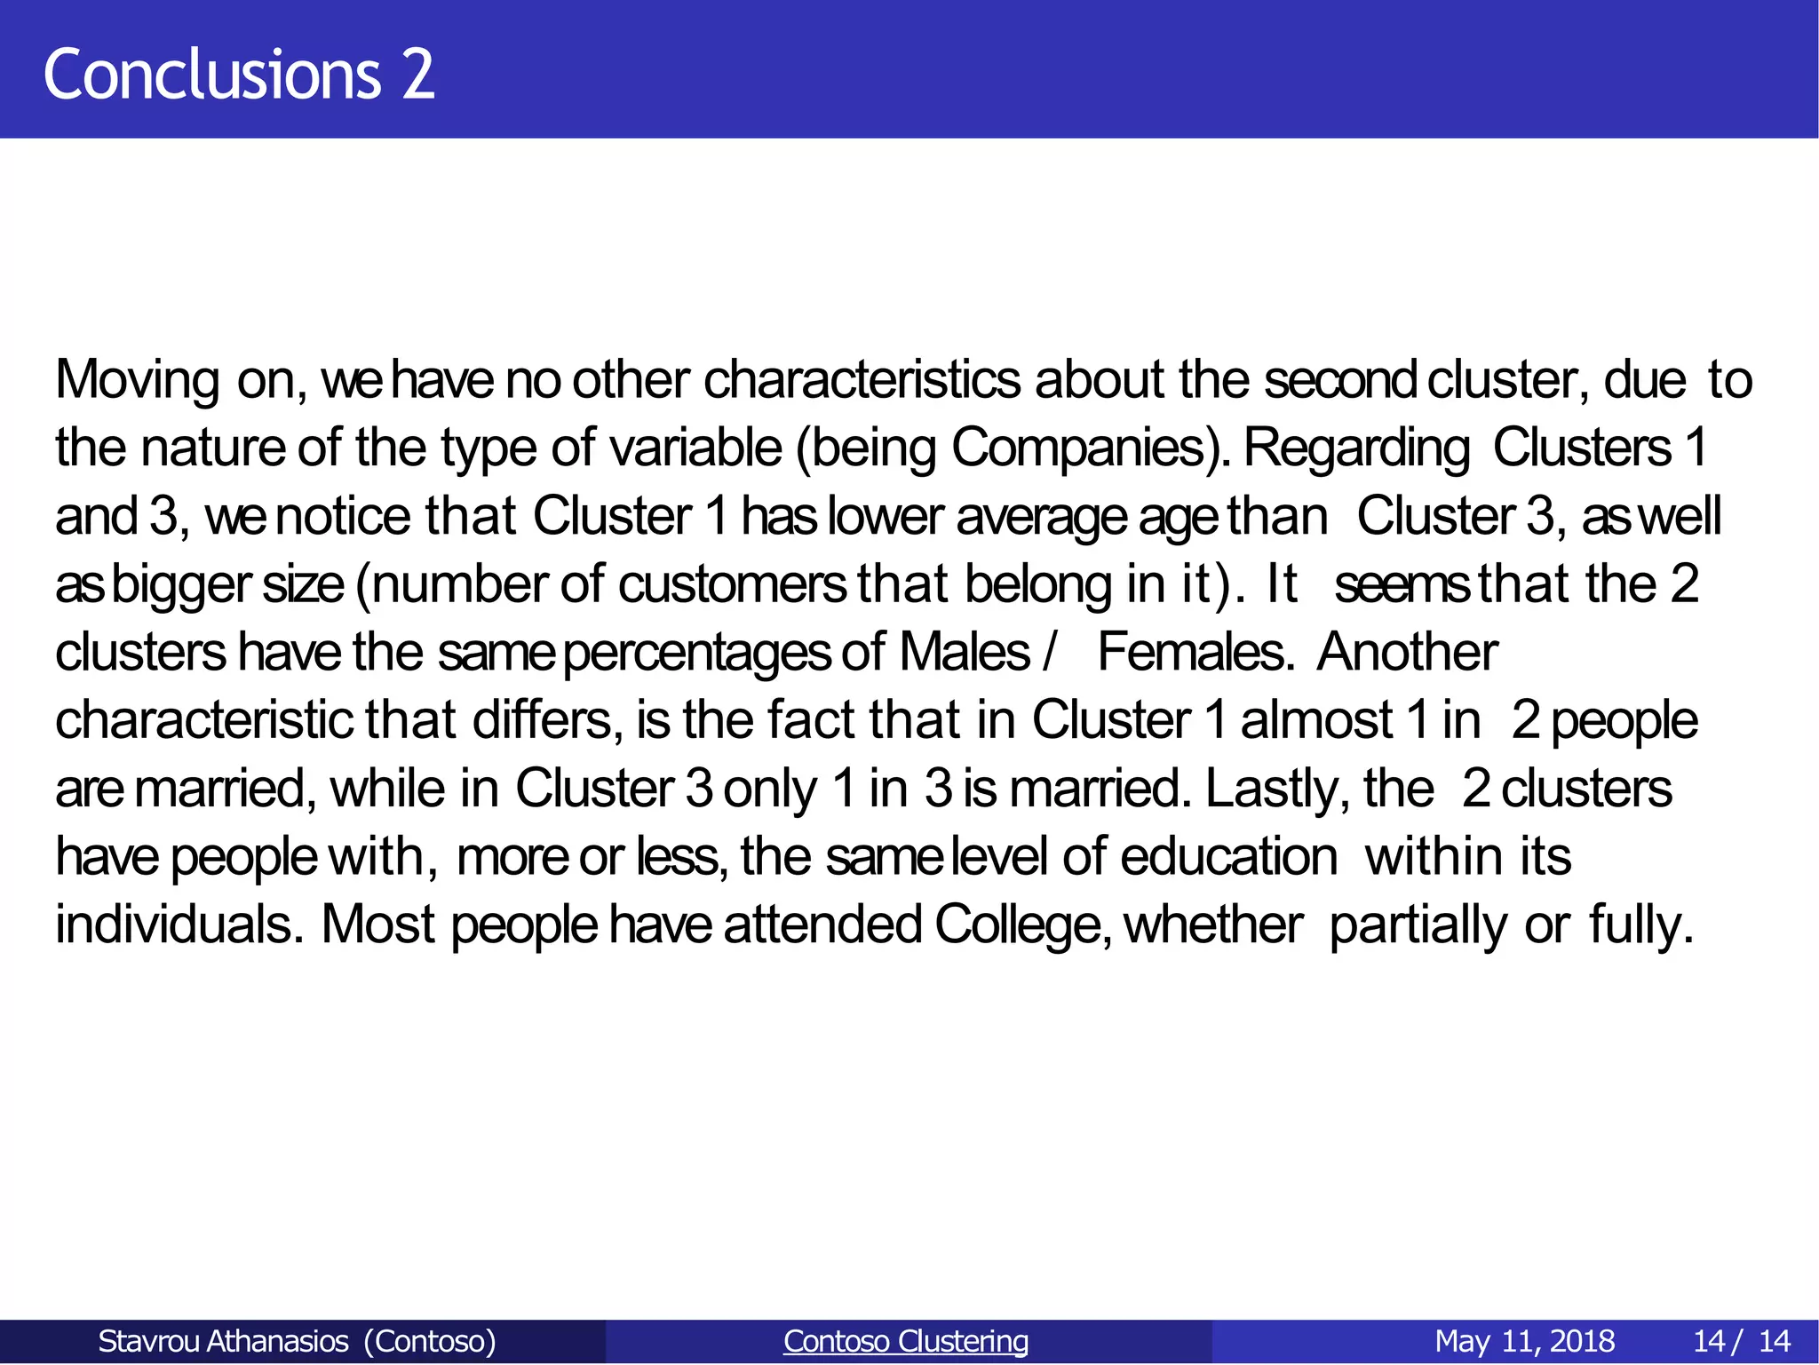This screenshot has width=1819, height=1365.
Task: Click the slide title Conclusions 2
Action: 239,75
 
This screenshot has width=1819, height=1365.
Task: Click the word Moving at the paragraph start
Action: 137,380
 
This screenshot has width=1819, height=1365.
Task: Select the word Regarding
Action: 1356,448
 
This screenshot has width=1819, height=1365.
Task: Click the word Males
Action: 964,653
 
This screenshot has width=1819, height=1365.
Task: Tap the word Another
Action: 1407,653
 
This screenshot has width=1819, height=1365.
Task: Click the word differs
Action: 542,720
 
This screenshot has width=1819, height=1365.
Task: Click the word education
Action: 1228,857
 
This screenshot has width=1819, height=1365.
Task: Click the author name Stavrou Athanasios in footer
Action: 223,1341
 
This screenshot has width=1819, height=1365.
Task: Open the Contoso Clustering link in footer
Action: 906,1341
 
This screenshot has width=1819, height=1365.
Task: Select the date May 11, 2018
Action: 1524,1341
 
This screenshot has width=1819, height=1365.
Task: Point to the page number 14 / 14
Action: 1742,1341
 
